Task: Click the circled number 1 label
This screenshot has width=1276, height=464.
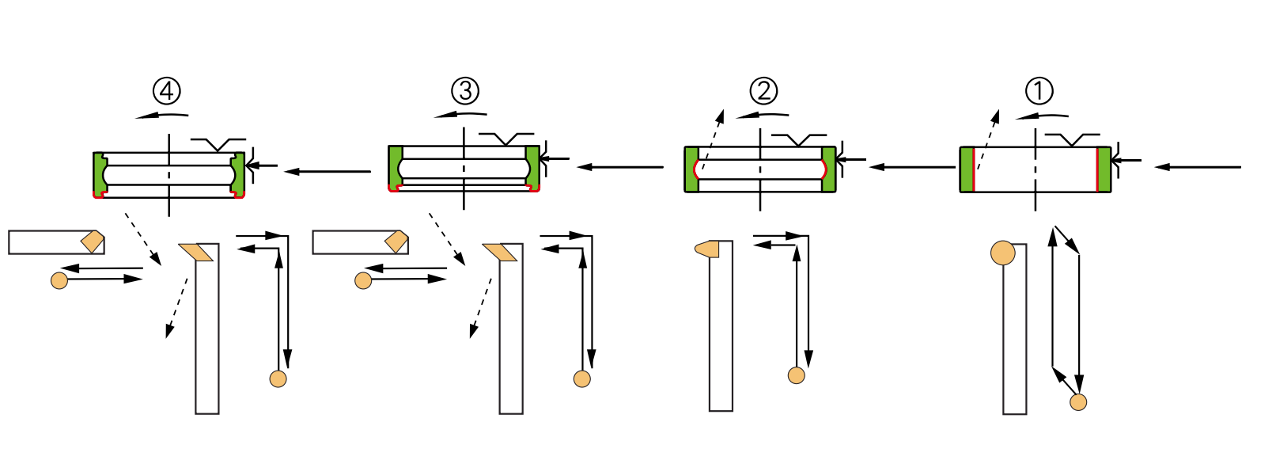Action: point(1039,91)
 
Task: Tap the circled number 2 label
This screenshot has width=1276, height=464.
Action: point(763,91)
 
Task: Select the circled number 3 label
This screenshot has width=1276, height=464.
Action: point(465,91)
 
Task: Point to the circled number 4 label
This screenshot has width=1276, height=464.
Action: point(167,91)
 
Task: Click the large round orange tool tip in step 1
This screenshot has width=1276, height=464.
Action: point(1003,253)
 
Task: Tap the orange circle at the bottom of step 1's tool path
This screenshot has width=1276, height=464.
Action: point(1078,402)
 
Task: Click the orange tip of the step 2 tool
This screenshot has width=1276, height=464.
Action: point(706,249)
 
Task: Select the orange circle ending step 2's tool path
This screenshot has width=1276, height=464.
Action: point(797,375)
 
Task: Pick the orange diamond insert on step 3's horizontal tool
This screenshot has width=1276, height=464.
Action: point(396,242)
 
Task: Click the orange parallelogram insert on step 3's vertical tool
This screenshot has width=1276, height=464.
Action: point(500,253)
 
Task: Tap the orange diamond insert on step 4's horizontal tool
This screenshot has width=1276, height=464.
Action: point(93,242)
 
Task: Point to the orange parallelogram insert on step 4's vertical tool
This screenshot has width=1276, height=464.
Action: point(196,253)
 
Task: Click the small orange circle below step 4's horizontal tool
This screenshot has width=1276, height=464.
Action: point(59,280)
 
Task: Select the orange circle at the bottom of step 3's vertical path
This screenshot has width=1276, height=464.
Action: point(582,378)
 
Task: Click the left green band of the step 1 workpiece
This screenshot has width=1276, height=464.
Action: point(967,169)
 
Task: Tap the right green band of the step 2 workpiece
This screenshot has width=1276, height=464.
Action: point(829,169)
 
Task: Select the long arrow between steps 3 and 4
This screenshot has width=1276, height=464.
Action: point(328,171)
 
